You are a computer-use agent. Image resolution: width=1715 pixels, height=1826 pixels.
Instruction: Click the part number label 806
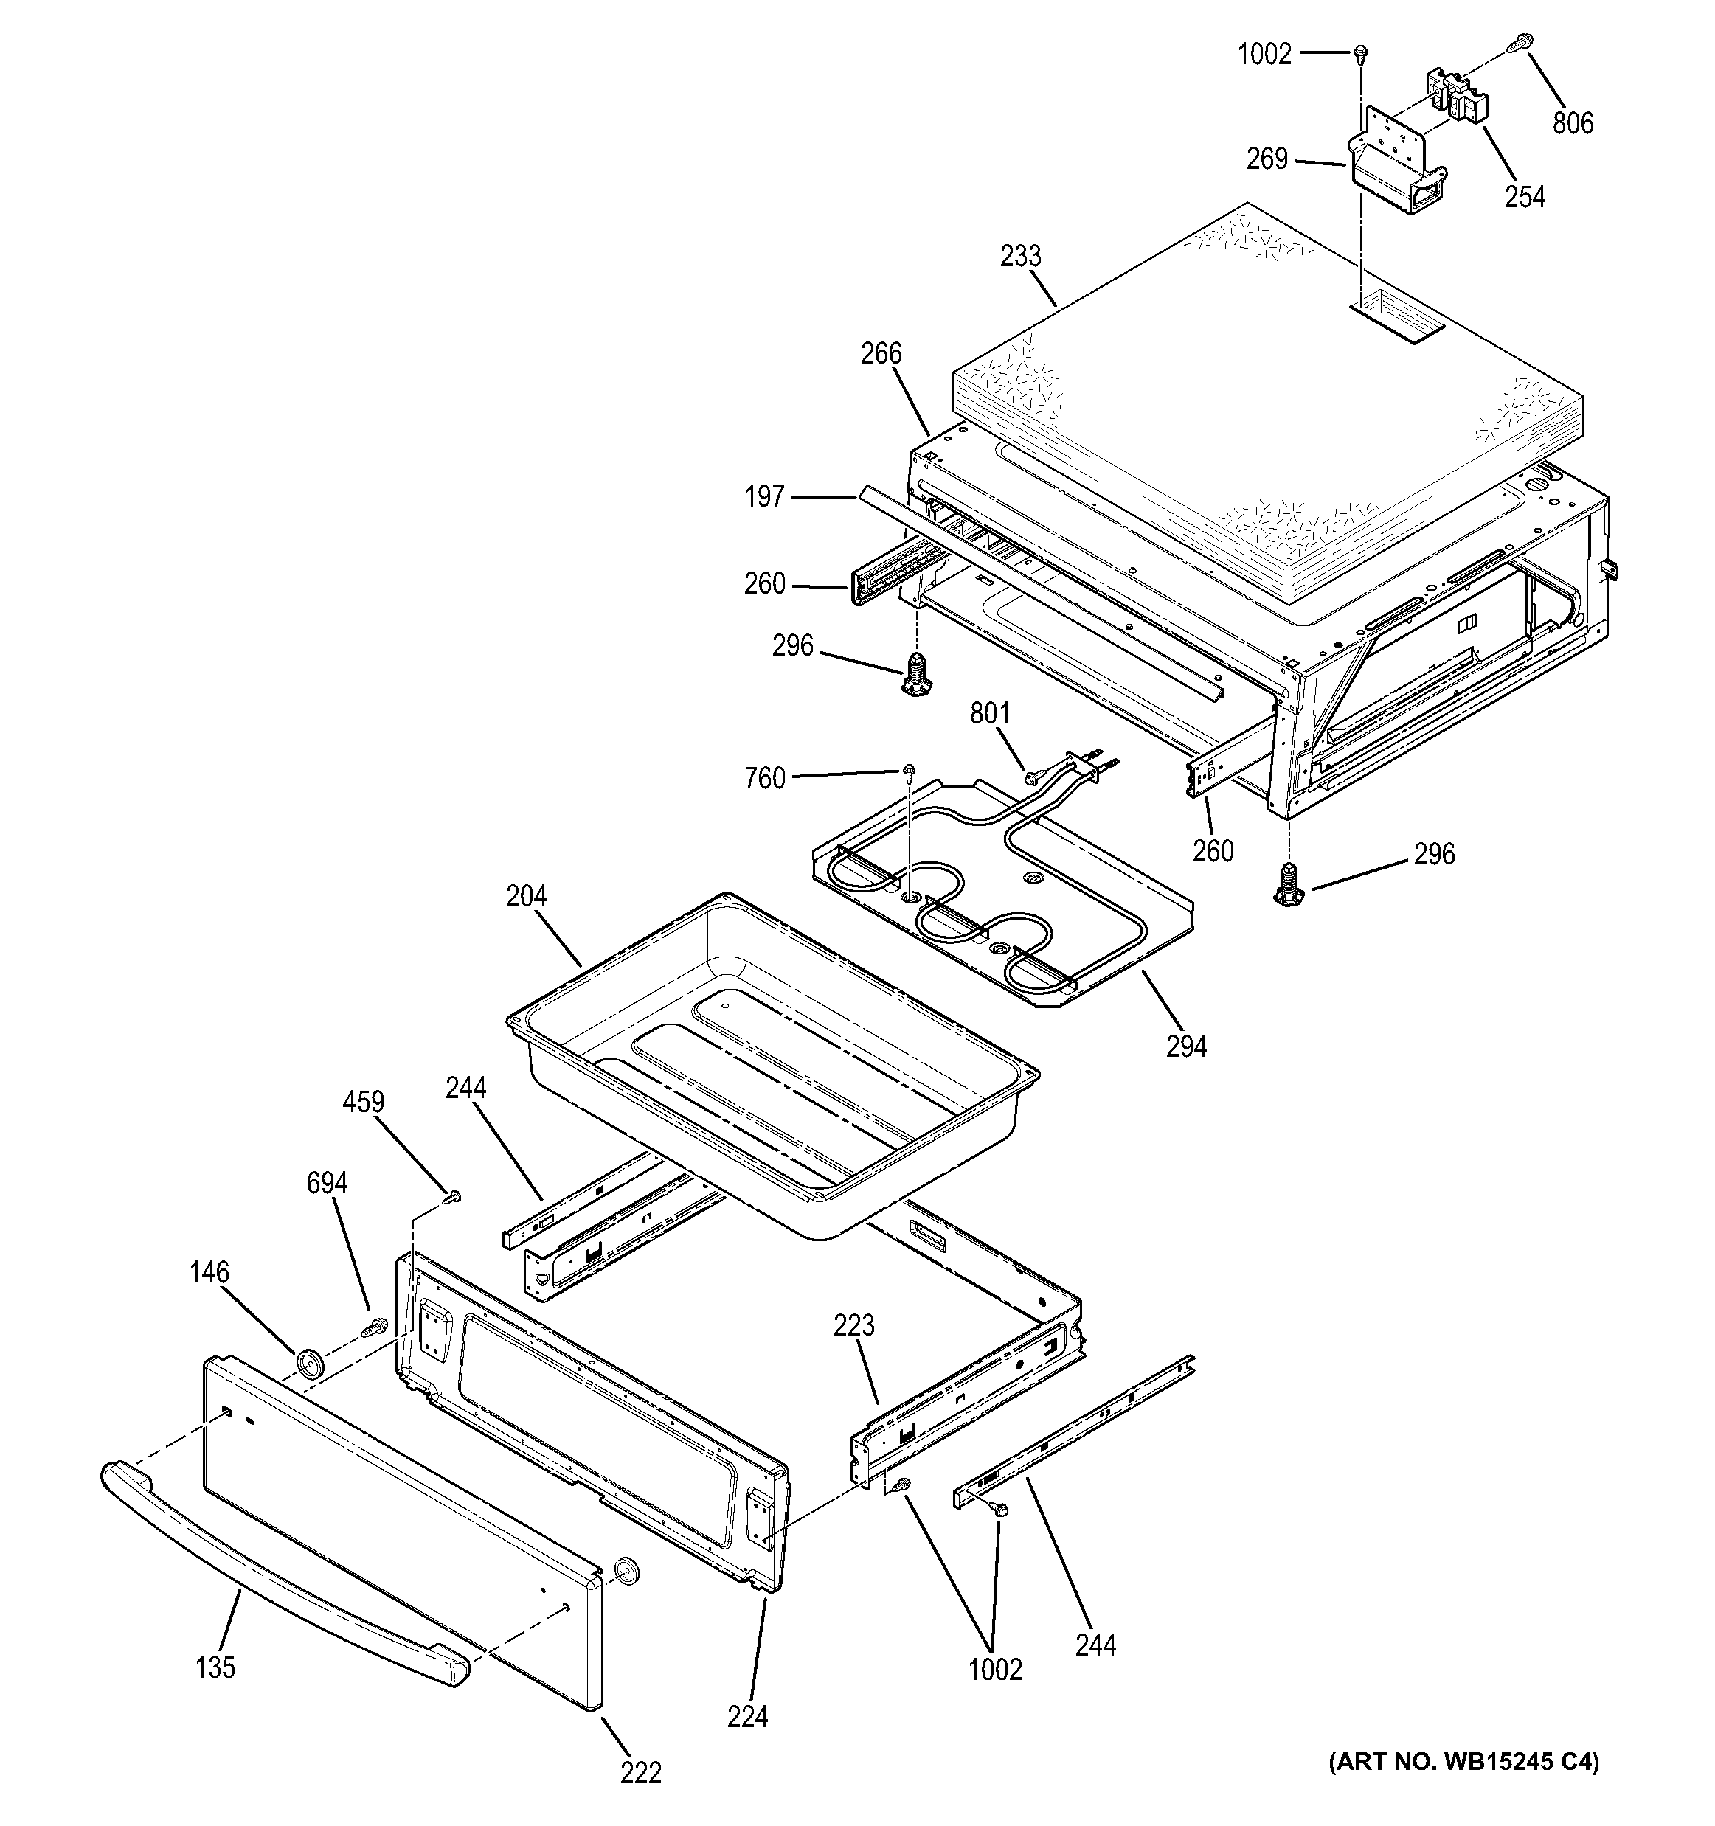click(1573, 122)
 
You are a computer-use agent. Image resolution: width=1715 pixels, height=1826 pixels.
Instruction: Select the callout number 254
click(1525, 197)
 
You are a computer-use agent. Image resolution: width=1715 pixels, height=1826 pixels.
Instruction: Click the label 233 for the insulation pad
click(1021, 256)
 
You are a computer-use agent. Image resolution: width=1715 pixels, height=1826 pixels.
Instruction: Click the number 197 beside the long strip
click(764, 497)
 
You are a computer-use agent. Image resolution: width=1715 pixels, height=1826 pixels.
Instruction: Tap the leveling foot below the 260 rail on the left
click(915, 677)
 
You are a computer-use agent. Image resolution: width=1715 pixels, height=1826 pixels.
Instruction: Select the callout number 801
click(990, 714)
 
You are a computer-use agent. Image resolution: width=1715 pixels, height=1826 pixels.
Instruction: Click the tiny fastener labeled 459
click(453, 1196)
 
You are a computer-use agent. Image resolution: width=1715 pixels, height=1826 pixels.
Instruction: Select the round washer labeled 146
click(310, 1364)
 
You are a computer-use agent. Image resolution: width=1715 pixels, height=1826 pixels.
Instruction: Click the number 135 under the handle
click(215, 1667)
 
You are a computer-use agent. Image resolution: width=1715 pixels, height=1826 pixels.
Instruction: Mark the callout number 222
click(640, 1773)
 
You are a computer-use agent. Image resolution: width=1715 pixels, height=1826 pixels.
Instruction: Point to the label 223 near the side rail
click(854, 1325)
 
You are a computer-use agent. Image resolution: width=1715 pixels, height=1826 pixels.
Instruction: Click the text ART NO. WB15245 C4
click(1463, 1762)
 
